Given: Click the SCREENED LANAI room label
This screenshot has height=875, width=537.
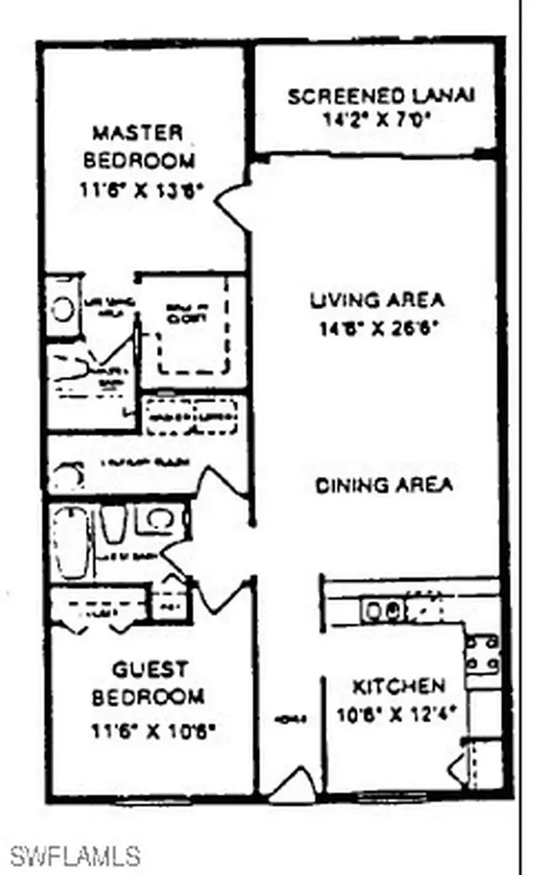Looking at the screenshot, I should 381,96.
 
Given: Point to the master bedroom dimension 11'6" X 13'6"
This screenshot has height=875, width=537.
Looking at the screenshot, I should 140,191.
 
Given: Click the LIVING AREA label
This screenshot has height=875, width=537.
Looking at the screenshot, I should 376,301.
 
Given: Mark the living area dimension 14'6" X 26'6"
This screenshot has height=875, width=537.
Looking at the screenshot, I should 376,327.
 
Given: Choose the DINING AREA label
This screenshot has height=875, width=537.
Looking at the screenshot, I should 384,485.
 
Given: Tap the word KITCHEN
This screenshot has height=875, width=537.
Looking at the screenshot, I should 398,685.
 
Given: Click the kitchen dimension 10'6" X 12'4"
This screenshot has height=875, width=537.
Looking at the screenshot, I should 398,708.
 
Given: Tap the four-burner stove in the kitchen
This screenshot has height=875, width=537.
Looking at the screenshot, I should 482,654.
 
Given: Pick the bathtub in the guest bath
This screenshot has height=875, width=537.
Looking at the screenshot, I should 71,543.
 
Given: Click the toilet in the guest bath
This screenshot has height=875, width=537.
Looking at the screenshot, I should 114,524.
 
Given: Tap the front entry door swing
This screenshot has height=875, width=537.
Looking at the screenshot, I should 293,784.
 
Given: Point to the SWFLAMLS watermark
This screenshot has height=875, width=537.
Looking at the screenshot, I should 76,854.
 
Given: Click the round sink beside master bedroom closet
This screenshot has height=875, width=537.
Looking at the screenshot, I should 62,308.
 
